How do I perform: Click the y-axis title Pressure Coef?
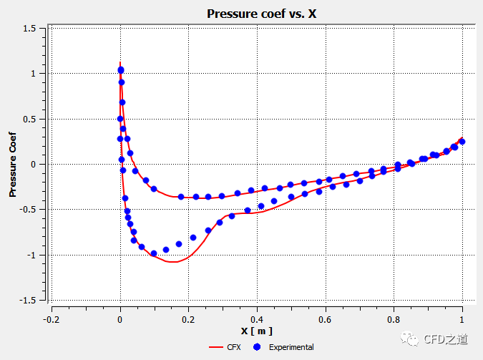[x=13, y=163]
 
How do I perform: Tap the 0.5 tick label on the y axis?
[x=30, y=119]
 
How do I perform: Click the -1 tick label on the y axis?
[x=32, y=255]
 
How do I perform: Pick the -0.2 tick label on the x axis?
[x=50, y=319]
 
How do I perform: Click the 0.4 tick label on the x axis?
[x=256, y=319]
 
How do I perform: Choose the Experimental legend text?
[x=291, y=347]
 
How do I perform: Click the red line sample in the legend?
[x=217, y=347]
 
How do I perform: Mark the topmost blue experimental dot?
[x=121, y=70]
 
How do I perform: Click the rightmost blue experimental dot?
[x=462, y=142]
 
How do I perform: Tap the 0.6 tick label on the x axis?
[x=325, y=319]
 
